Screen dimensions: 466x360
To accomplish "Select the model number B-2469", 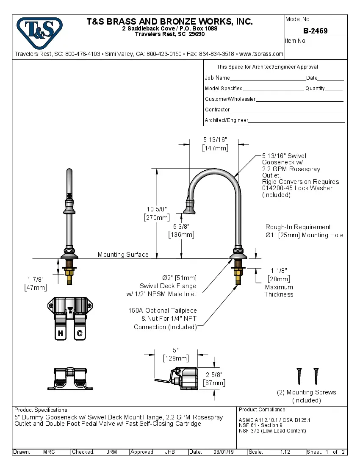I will coord(315,31).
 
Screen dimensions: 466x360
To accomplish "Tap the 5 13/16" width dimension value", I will coord(215,139).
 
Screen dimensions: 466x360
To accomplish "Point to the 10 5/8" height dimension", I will coord(157,209).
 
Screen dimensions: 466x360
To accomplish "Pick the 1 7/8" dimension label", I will coord(36,279).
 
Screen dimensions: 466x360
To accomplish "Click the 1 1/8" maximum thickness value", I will coord(279,270).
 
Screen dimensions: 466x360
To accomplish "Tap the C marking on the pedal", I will coord(79,333).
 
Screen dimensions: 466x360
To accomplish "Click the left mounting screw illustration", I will coord(300,375).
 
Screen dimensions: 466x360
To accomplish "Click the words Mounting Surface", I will coord(123,255).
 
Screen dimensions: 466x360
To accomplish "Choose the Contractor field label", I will coord(217,110).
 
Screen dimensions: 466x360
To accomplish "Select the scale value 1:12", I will coord(285,452).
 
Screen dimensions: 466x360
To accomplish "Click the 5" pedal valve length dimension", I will coord(176,350).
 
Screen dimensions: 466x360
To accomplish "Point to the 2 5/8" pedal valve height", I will coord(214,374).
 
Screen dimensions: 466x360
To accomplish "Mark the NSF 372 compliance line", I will coord(272,431).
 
